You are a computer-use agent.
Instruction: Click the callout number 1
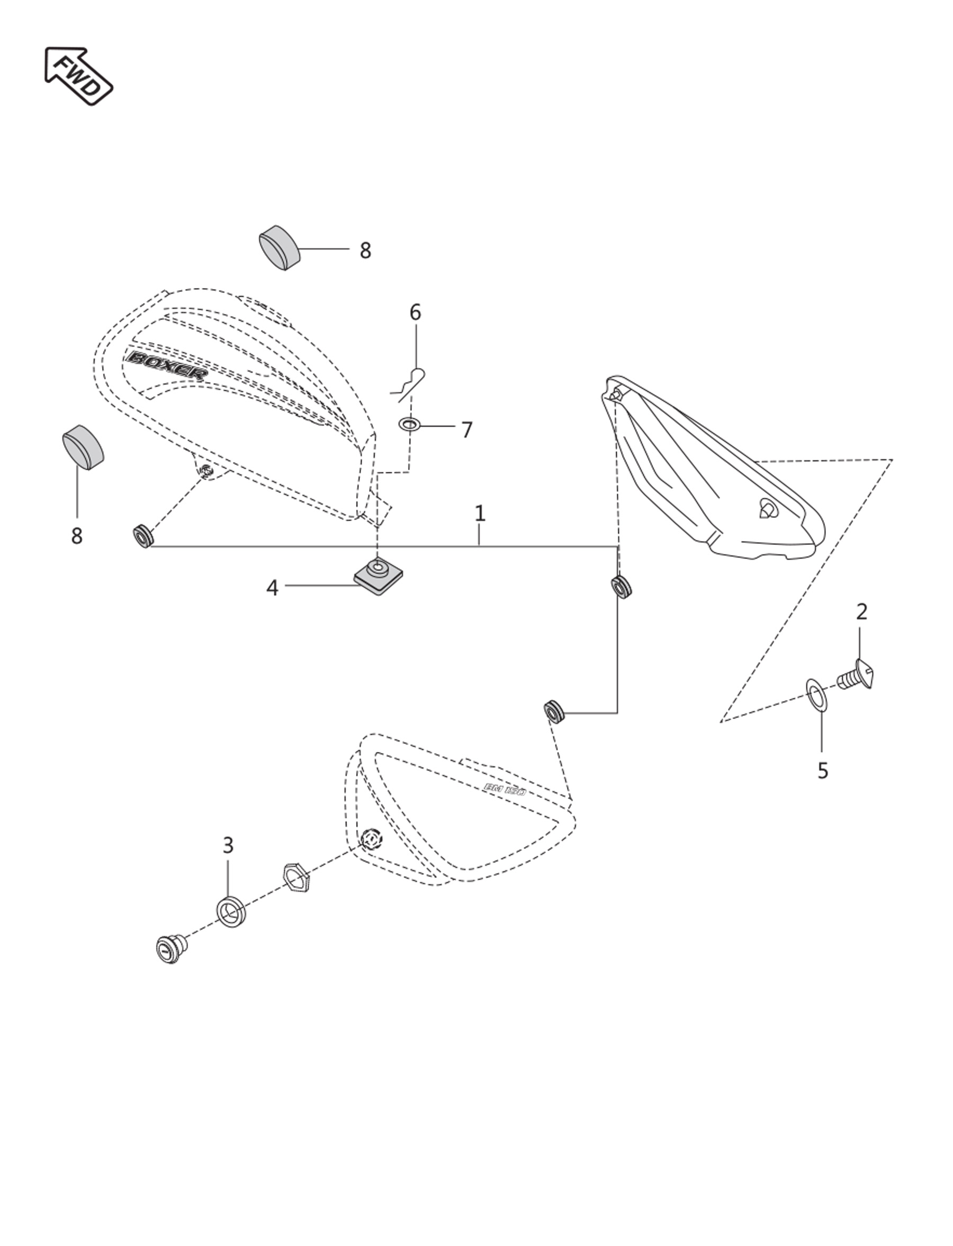[480, 514]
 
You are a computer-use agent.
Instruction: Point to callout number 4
[272, 588]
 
